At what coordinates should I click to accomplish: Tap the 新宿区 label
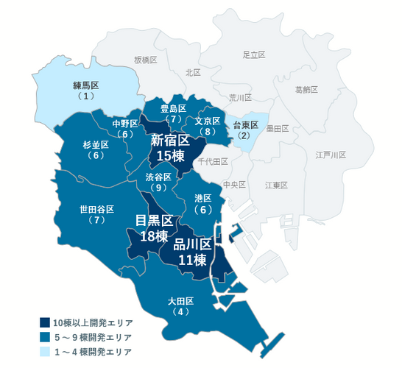[x=171, y=139]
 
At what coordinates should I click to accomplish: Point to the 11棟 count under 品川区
[x=192, y=259]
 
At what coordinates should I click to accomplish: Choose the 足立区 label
[x=253, y=54]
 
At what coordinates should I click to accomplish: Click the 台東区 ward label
[x=245, y=125]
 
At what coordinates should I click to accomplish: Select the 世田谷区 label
[x=96, y=209]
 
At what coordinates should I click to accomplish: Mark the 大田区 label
[x=180, y=301]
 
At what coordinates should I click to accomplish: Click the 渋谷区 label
[x=158, y=177]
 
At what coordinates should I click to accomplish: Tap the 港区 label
[x=203, y=198]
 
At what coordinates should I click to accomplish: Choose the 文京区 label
[x=208, y=121]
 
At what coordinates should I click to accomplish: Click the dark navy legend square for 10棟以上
[x=44, y=322]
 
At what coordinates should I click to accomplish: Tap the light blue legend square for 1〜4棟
[x=44, y=352]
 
